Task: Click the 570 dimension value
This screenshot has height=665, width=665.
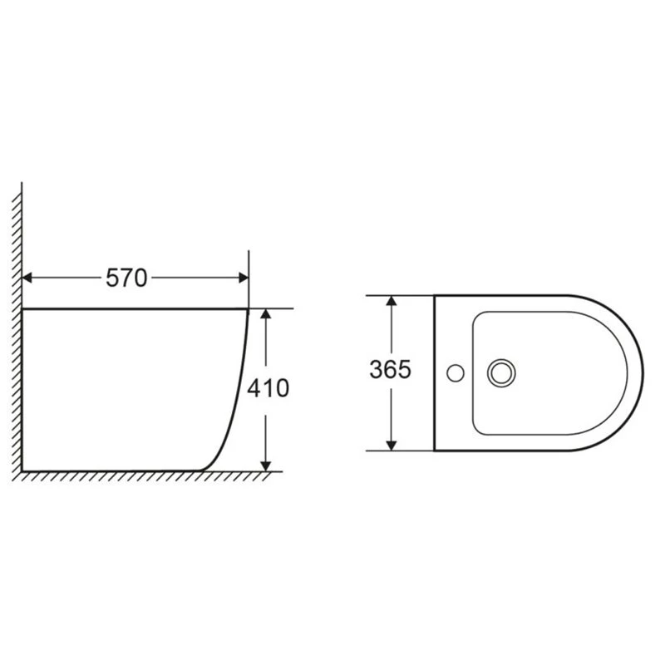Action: tap(126, 278)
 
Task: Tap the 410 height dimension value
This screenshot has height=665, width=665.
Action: tap(268, 388)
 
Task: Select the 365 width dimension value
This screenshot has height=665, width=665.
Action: tap(390, 369)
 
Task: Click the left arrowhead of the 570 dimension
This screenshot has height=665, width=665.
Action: tap(27, 278)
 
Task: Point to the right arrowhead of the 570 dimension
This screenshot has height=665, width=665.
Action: tap(244, 278)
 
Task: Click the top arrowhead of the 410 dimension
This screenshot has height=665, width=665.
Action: tap(265, 314)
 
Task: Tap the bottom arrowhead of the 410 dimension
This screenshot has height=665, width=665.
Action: tap(265, 465)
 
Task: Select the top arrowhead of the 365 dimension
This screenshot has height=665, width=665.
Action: tap(392, 301)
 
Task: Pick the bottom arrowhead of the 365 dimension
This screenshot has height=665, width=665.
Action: tap(392, 446)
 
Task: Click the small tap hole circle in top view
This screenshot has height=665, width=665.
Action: tap(456, 373)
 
